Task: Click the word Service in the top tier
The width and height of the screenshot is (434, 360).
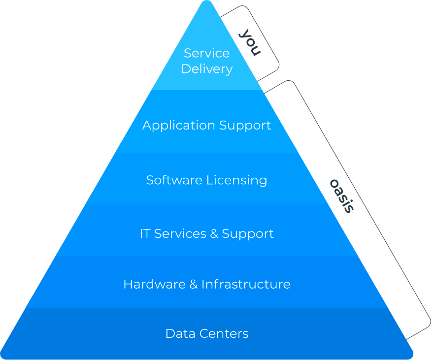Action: tap(206, 53)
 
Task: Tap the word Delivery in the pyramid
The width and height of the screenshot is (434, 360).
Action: tap(206, 69)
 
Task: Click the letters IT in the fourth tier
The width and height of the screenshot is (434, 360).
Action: tap(145, 233)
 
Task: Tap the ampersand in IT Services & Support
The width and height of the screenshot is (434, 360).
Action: tap(214, 233)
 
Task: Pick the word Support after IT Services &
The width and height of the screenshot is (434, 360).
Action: tap(248, 234)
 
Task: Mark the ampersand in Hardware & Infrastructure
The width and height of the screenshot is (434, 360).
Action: tap(193, 284)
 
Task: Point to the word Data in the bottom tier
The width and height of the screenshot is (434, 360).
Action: tap(177, 333)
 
